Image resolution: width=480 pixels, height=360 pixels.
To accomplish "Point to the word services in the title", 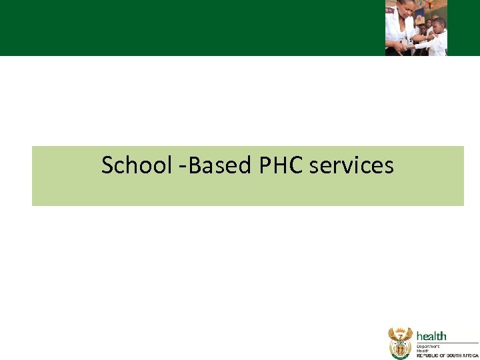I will pyautogui.click(x=351, y=165).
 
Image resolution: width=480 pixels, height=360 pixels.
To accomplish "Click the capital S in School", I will pyautogui.click(x=107, y=165).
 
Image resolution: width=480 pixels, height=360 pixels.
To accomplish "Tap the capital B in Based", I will pyautogui.click(x=195, y=165).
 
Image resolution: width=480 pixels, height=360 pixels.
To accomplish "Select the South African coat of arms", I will pyautogui.click(x=400, y=344).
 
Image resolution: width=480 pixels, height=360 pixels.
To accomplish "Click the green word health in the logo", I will pyautogui.click(x=431, y=336).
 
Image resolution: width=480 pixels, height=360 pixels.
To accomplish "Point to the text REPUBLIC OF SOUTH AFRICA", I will pyautogui.click(x=447, y=356).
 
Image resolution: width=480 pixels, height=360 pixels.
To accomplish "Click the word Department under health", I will pyautogui.click(x=430, y=347).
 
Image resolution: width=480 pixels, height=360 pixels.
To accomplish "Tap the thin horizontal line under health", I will pyautogui.click(x=447, y=343).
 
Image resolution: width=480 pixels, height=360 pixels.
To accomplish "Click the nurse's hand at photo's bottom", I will pyautogui.click(x=399, y=47).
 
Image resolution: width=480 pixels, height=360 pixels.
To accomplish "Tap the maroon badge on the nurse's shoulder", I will pyautogui.click(x=390, y=11).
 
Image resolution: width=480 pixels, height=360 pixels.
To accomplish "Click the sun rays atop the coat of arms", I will pyautogui.click(x=400, y=330).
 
